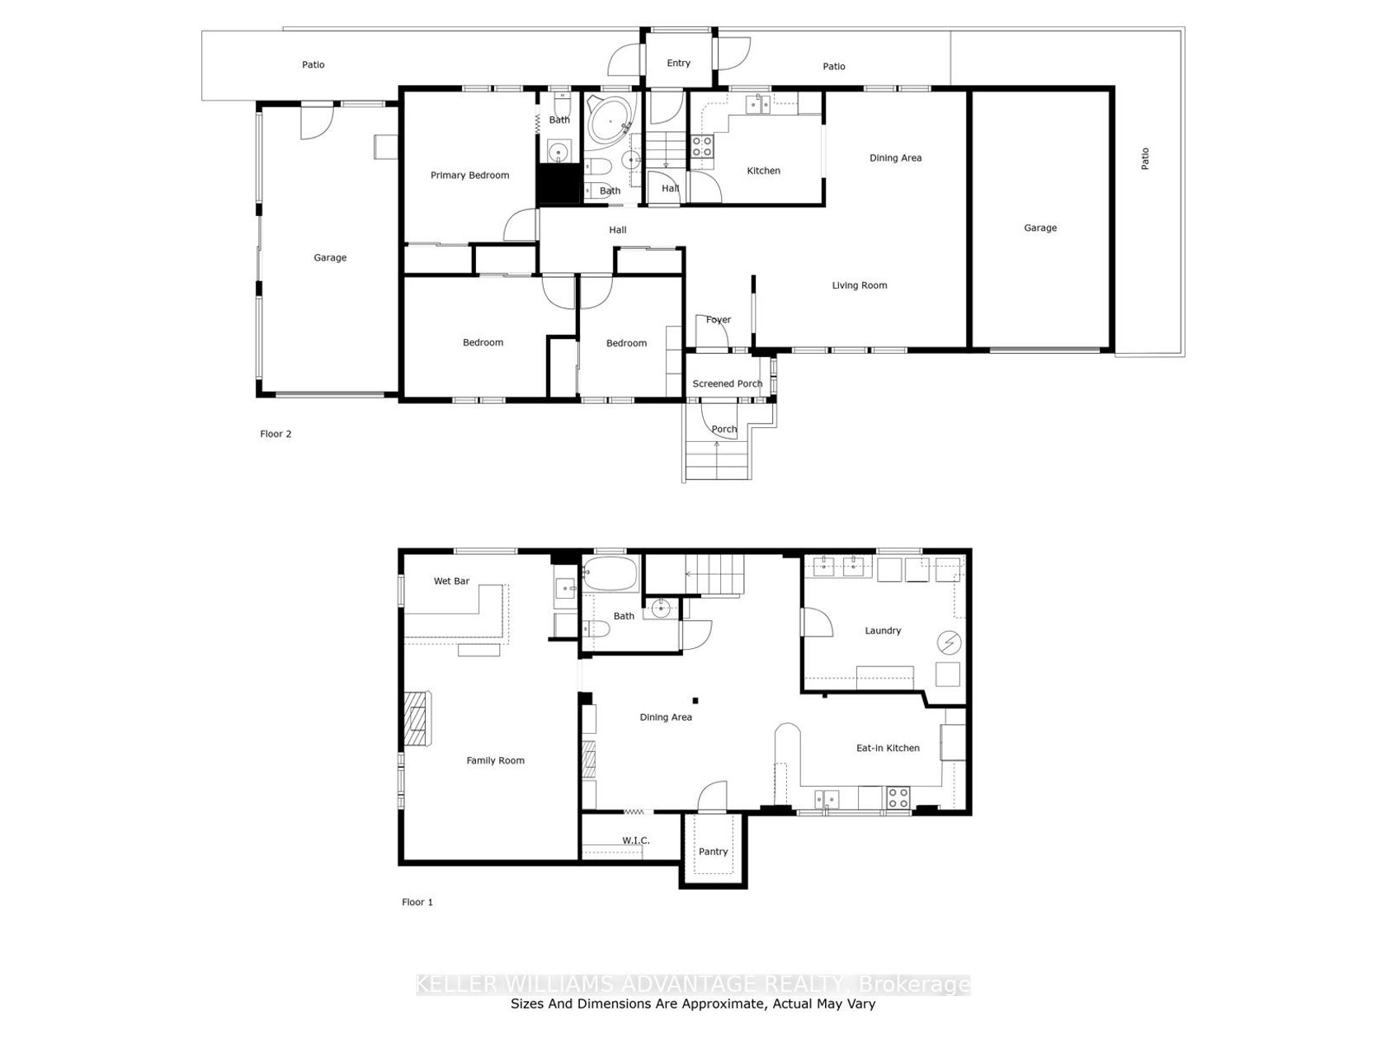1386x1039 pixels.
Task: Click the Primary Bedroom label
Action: (469, 176)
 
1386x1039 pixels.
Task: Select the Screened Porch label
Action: (727, 383)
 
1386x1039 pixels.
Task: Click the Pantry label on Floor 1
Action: (713, 852)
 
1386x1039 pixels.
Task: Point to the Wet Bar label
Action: (451, 581)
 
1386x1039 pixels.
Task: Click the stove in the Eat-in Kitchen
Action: (898, 797)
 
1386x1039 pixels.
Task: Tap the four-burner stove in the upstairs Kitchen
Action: (702, 147)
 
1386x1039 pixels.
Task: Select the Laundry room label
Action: (883, 630)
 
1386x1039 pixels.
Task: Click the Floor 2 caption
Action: (276, 434)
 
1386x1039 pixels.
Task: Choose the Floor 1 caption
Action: (417, 902)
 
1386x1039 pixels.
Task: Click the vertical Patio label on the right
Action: (1145, 158)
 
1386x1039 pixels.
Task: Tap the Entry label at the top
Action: (678, 63)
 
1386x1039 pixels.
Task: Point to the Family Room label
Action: (495, 761)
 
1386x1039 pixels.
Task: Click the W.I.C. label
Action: (636, 840)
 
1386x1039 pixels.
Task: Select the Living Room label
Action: (860, 285)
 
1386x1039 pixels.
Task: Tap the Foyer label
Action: (719, 320)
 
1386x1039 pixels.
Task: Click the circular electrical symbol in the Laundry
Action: (950, 643)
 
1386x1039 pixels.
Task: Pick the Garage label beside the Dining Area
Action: (1040, 228)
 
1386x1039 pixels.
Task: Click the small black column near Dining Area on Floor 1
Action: (695, 700)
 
